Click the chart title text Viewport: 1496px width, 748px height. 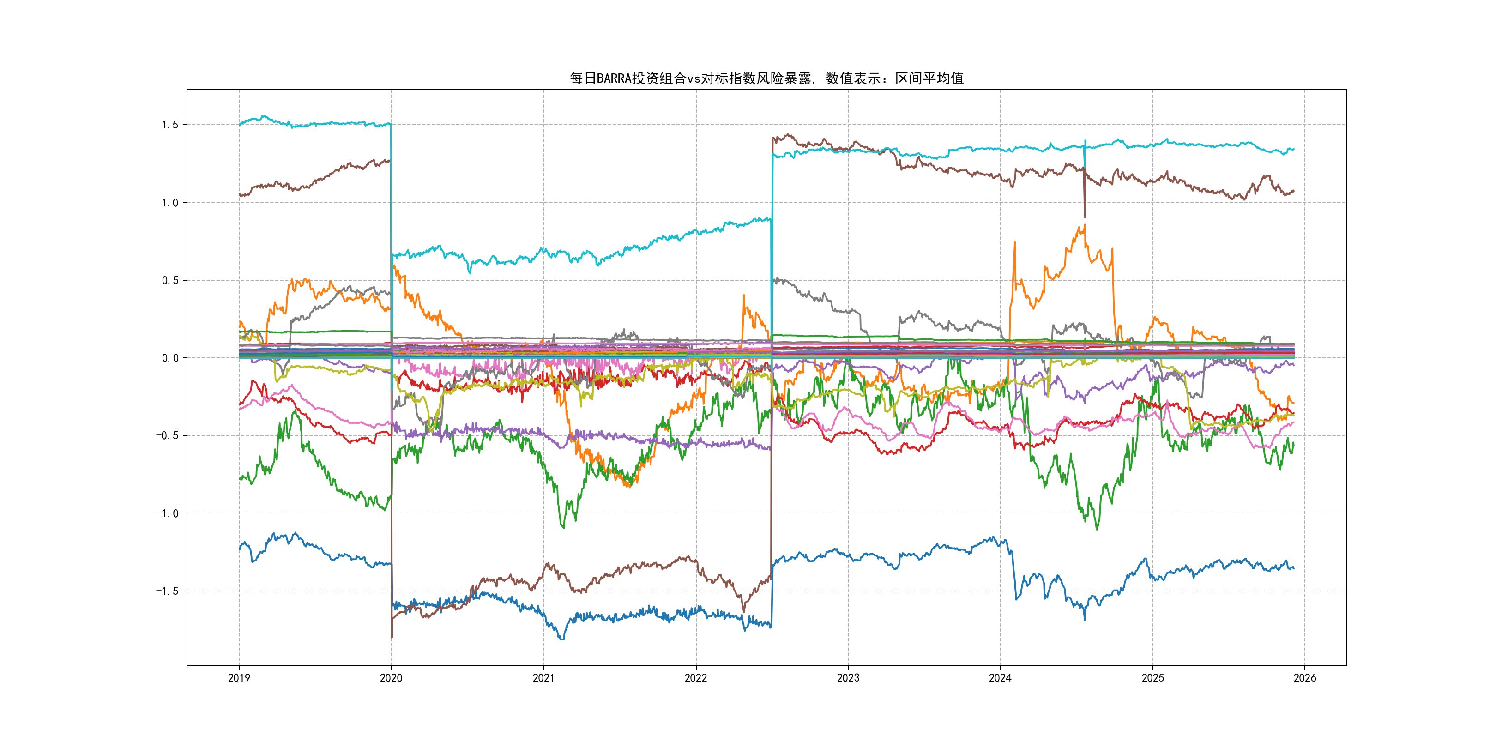[766, 78]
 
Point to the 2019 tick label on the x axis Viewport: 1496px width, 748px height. [239, 678]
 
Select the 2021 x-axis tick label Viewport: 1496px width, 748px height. [543, 678]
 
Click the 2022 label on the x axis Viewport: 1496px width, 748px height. [696, 678]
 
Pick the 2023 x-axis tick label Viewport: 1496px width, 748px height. [848, 678]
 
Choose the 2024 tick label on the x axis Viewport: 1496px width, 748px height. [1000, 678]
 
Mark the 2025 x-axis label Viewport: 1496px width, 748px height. [1153, 678]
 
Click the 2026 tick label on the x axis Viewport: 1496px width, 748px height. [1305, 678]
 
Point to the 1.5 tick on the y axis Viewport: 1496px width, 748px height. [169, 125]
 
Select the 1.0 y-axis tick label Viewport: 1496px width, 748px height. [169, 203]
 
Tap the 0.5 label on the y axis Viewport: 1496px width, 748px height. [169, 281]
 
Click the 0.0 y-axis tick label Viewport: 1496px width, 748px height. [169, 358]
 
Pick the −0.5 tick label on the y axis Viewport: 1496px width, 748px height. [167, 435]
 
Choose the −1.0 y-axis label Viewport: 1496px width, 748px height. [167, 513]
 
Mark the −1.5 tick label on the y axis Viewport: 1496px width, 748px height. [167, 591]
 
